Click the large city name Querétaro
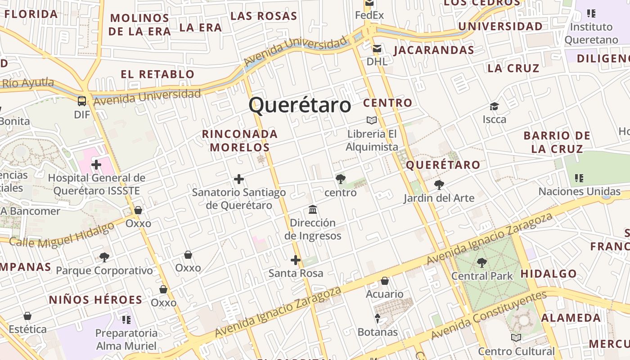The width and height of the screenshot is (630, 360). pos(300,105)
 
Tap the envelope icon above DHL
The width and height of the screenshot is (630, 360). pos(377,49)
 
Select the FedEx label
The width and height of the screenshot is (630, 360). pos(369,15)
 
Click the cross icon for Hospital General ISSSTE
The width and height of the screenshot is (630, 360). pos(96,165)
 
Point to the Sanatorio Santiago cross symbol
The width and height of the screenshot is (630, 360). pos(239,180)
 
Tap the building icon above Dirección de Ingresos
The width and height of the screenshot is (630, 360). pos(313,210)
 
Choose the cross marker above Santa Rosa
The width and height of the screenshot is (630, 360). pos(296,260)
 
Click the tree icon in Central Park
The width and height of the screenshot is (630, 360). pos(482,262)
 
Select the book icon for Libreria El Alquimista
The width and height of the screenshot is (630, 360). pos(372,121)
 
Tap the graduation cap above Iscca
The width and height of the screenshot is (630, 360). pos(494,107)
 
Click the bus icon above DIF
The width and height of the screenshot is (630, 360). pos(82,101)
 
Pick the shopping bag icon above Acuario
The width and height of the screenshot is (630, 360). pos(385,281)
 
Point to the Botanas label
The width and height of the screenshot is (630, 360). pos(378,332)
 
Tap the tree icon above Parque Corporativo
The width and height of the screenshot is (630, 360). pos(104,257)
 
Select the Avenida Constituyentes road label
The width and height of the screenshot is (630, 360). pos(489,315)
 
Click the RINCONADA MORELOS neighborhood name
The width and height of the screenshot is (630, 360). pos(240,140)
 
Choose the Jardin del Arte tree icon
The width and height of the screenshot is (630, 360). pos(439,184)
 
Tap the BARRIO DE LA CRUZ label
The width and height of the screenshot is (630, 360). pos(557,142)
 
